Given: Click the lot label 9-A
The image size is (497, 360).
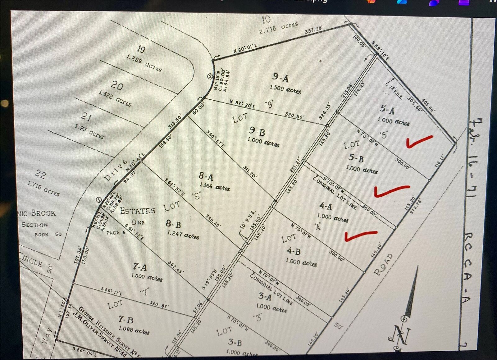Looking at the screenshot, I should point(280,78).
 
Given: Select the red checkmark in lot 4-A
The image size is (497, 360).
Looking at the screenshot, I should point(360,236).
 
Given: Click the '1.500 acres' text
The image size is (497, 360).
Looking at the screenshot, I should point(285,89).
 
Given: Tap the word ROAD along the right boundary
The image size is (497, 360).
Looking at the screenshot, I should point(383,264).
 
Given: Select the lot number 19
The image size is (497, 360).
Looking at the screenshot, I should point(141,49).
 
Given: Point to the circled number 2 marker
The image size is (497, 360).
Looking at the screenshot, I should point(210,76).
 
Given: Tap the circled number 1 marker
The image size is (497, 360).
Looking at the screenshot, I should point(99,200).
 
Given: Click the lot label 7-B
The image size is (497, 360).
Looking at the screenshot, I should point(126,319).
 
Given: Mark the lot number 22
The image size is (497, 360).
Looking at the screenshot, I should point(40,174).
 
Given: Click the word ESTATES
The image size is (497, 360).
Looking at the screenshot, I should point(137,211).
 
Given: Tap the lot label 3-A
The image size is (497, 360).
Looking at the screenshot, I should point(265,296).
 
